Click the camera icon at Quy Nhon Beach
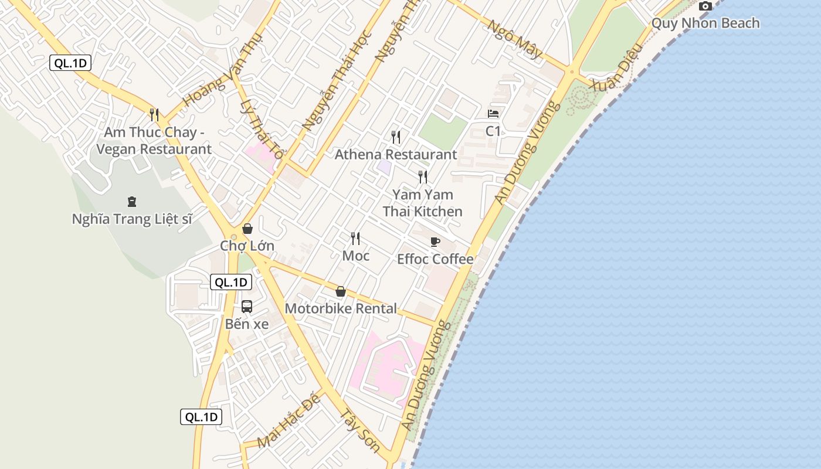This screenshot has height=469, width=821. click(705, 6)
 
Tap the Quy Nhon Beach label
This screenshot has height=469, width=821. click(705, 23)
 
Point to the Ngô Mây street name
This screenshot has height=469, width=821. click(515, 39)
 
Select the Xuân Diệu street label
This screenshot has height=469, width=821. click(613, 75)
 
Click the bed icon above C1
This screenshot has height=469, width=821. click(493, 114)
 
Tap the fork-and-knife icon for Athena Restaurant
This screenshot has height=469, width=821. click(396, 137)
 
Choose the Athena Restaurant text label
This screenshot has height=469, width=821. click(395, 155)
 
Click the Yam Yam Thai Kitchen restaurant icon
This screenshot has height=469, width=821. click(423, 176)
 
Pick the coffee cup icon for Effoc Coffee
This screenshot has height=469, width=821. click(435, 242)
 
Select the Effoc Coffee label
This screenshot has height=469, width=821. click(435, 259)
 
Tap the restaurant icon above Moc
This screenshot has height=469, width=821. click(355, 238)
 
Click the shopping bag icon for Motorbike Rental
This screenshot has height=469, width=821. click(341, 291)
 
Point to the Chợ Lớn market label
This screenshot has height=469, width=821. click(247, 246)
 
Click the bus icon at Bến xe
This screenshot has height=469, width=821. click(247, 307)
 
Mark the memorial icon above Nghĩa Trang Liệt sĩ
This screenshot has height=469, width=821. click(132, 202)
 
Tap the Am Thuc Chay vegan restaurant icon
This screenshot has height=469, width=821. click(154, 114)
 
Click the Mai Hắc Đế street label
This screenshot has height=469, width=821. click(290, 421)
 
